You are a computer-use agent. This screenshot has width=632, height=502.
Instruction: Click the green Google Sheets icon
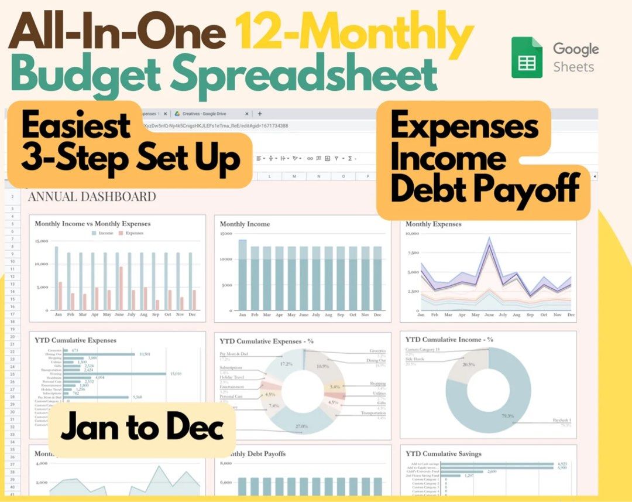tap(527, 57)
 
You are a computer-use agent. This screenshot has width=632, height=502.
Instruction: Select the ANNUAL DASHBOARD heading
tap(92, 196)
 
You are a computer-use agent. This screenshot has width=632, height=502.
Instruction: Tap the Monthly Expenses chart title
tap(433, 224)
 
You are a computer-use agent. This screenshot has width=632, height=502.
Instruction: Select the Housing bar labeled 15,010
tap(115, 374)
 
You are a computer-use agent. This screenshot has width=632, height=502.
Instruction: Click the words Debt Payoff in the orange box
tap(485, 189)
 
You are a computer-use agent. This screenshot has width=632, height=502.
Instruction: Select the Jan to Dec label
tap(142, 428)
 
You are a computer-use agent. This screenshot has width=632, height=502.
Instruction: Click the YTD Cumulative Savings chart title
tap(444, 453)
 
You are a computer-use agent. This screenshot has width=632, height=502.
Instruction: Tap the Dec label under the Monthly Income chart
tap(377, 315)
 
